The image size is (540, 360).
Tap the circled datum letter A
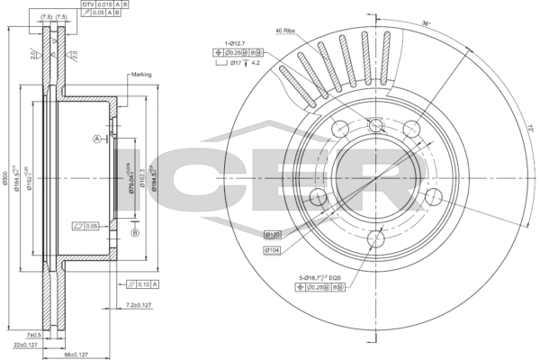click(x=95, y=138)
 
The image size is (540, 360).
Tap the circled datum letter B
click(x=135, y=233)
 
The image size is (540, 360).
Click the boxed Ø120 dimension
click(x=273, y=234)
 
